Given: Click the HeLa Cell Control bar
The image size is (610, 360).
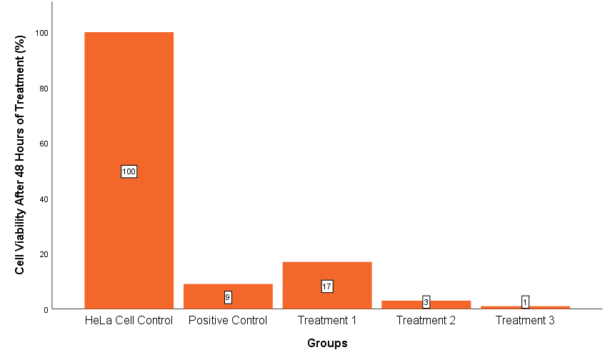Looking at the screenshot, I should tap(129, 107).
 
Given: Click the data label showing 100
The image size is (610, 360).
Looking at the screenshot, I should tap(129, 171).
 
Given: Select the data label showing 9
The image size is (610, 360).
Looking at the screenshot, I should tap(228, 297).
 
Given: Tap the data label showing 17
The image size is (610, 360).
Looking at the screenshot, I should tap(327, 286).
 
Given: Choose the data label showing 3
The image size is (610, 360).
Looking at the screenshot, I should tap(426, 302).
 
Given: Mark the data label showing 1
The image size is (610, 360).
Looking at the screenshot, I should tap(525, 302).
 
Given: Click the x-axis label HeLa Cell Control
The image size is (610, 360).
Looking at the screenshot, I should tap(129, 321).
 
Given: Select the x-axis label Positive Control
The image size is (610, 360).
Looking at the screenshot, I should tap(228, 321).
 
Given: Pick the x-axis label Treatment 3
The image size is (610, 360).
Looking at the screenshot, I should tap(525, 321).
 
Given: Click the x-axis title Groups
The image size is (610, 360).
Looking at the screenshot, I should tap(327, 344).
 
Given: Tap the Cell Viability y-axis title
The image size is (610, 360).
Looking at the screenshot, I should tap(21, 155).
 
